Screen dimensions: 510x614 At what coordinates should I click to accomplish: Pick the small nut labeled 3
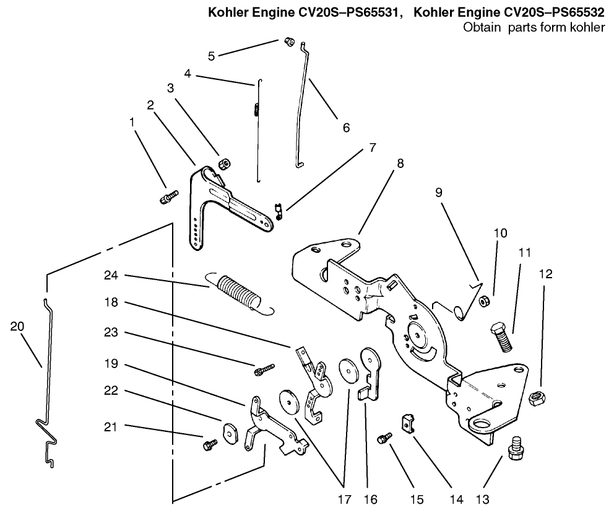coord(224,164)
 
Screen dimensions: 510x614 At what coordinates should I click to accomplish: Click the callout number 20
coord(18,326)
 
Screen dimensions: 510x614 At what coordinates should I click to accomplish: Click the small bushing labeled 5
coord(288,42)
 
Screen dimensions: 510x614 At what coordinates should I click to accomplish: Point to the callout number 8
coord(400,164)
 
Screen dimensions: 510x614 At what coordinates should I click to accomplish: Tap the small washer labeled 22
coord(230,432)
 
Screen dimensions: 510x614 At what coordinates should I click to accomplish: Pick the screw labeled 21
coord(209,444)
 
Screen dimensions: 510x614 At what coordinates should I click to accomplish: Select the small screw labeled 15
coord(383,438)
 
